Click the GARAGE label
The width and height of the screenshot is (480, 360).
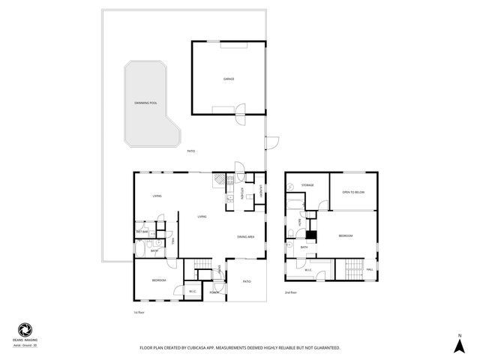coord(228,79)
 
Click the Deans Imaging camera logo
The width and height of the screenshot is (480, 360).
coord(24,329)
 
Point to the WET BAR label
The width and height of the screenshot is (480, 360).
coord(142,232)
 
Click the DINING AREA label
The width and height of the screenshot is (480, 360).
coord(246,237)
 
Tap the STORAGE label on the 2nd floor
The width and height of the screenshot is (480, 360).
coord(307,184)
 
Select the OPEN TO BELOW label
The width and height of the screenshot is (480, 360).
coord(353,191)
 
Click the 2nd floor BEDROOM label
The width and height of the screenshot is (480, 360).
coord(345,236)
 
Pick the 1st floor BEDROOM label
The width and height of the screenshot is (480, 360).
coord(158,280)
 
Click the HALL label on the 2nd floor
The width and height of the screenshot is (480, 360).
coord(370,269)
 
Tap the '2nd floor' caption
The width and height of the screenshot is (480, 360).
coord(290,292)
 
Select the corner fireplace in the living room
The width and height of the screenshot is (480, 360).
coord(217,179)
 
